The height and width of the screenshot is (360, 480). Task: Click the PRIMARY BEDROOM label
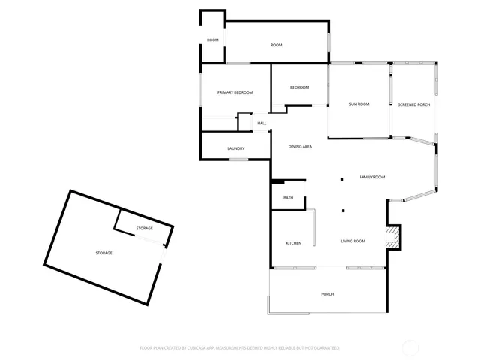(235, 92)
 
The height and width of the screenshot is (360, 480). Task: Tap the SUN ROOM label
(358, 104)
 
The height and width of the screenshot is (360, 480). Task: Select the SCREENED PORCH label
(413, 104)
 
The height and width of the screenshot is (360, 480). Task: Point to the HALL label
(262, 123)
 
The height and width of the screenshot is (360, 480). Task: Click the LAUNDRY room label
(236, 148)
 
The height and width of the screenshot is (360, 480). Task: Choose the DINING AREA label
(300, 146)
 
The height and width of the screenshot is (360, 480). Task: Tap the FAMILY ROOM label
(372, 177)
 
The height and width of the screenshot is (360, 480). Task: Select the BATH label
(288, 198)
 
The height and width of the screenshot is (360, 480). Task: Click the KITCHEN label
(293, 243)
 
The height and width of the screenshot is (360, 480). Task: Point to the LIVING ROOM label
(352, 241)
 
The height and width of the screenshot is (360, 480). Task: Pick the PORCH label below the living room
(327, 294)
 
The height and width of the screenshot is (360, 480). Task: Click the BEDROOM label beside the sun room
(299, 88)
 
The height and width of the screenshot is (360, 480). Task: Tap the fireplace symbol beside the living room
(391, 236)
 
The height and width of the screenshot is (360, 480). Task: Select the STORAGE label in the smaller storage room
(144, 228)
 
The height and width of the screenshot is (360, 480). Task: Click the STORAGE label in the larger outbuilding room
(103, 253)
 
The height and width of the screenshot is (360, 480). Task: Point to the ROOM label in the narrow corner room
(213, 40)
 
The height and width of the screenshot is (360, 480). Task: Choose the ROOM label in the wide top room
(276, 46)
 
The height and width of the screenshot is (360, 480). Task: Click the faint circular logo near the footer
(412, 346)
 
